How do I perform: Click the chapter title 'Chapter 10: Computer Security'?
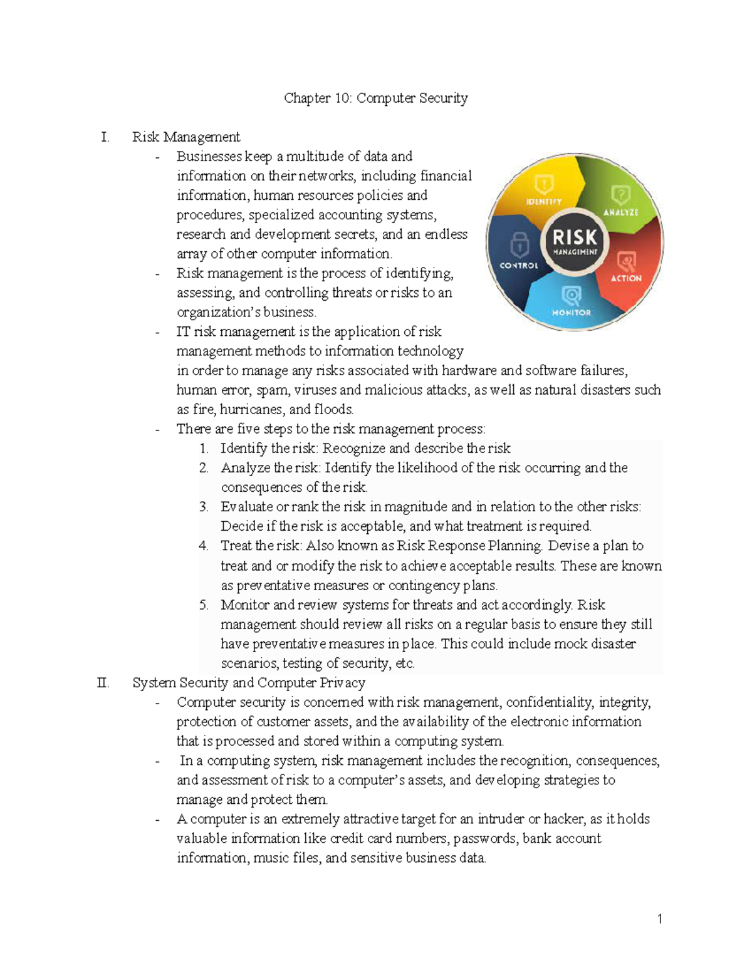coord(375,98)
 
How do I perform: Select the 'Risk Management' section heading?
coord(186,137)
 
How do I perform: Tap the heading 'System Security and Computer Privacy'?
coord(249,683)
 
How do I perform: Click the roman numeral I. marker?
coord(105,137)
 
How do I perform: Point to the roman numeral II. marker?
coord(103,683)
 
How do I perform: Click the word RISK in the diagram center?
coord(575,237)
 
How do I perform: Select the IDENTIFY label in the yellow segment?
coord(543,202)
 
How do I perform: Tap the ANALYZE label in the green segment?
coord(620,212)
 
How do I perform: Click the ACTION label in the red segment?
coord(626,278)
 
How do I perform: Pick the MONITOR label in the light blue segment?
coord(571,312)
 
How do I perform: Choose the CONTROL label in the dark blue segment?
coord(519,266)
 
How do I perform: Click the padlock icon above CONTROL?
coord(520,244)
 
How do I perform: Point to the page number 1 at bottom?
coord(660,919)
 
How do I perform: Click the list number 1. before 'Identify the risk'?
coord(204,449)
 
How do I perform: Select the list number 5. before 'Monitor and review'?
coord(204,605)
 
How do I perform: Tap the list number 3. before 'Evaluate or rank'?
coord(204,507)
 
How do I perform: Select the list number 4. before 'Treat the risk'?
coord(204,546)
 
